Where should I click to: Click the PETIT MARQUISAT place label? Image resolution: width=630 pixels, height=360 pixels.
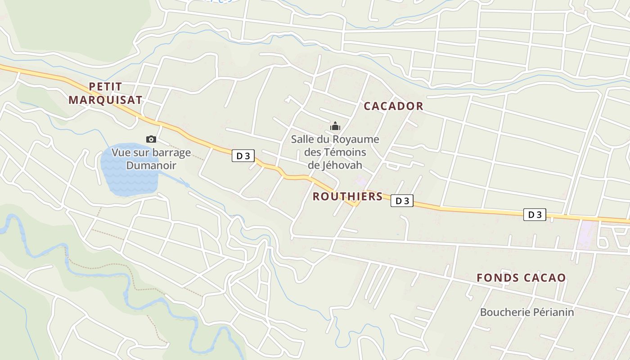click(x=105, y=93)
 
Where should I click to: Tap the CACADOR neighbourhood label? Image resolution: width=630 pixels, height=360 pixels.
click(x=393, y=106)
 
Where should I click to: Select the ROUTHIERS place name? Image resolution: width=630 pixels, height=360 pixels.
click(x=347, y=197)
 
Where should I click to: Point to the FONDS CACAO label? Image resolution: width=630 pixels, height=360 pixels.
click(x=521, y=278)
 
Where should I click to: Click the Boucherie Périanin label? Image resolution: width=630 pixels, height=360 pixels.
click(x=527, y=312)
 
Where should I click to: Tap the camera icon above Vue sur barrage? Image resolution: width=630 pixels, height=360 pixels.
click(x=151, y=139)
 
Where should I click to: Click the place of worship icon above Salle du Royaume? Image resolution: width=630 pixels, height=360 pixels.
click(x=335, y=126)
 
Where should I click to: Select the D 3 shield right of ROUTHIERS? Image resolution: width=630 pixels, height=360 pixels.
click(x=402, y=201)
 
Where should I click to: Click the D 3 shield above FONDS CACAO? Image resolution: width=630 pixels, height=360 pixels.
click(x=535, y=215)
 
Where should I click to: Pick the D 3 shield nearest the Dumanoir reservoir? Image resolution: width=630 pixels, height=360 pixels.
click(x=243, y=156)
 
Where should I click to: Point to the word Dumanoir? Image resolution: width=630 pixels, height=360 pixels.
click(x=151, y=165)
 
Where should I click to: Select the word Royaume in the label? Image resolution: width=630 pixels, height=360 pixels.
click(x=356, y=139)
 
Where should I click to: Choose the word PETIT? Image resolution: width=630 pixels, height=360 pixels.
click(x=105, y=86)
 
